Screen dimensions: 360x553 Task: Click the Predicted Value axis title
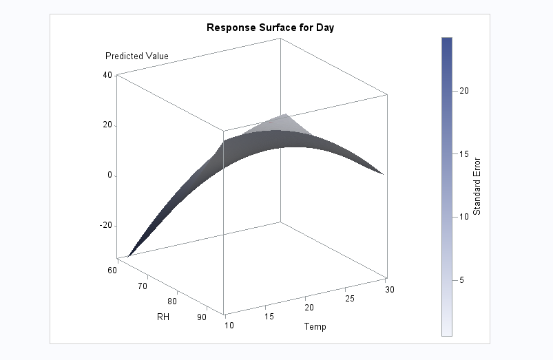[136, 56]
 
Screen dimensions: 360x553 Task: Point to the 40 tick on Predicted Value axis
[108, 75]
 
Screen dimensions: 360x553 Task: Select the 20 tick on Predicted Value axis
[108, 125]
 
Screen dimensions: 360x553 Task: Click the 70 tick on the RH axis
[143, 285]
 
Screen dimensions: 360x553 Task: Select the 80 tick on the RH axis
[173, 301]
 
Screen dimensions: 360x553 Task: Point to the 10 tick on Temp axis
[229, 324]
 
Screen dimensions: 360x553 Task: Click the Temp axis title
[315, 326]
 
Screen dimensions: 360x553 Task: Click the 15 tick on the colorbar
[464, 153]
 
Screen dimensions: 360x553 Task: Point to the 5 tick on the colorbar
[462, 279]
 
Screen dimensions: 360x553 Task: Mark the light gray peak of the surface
[284, 118]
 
